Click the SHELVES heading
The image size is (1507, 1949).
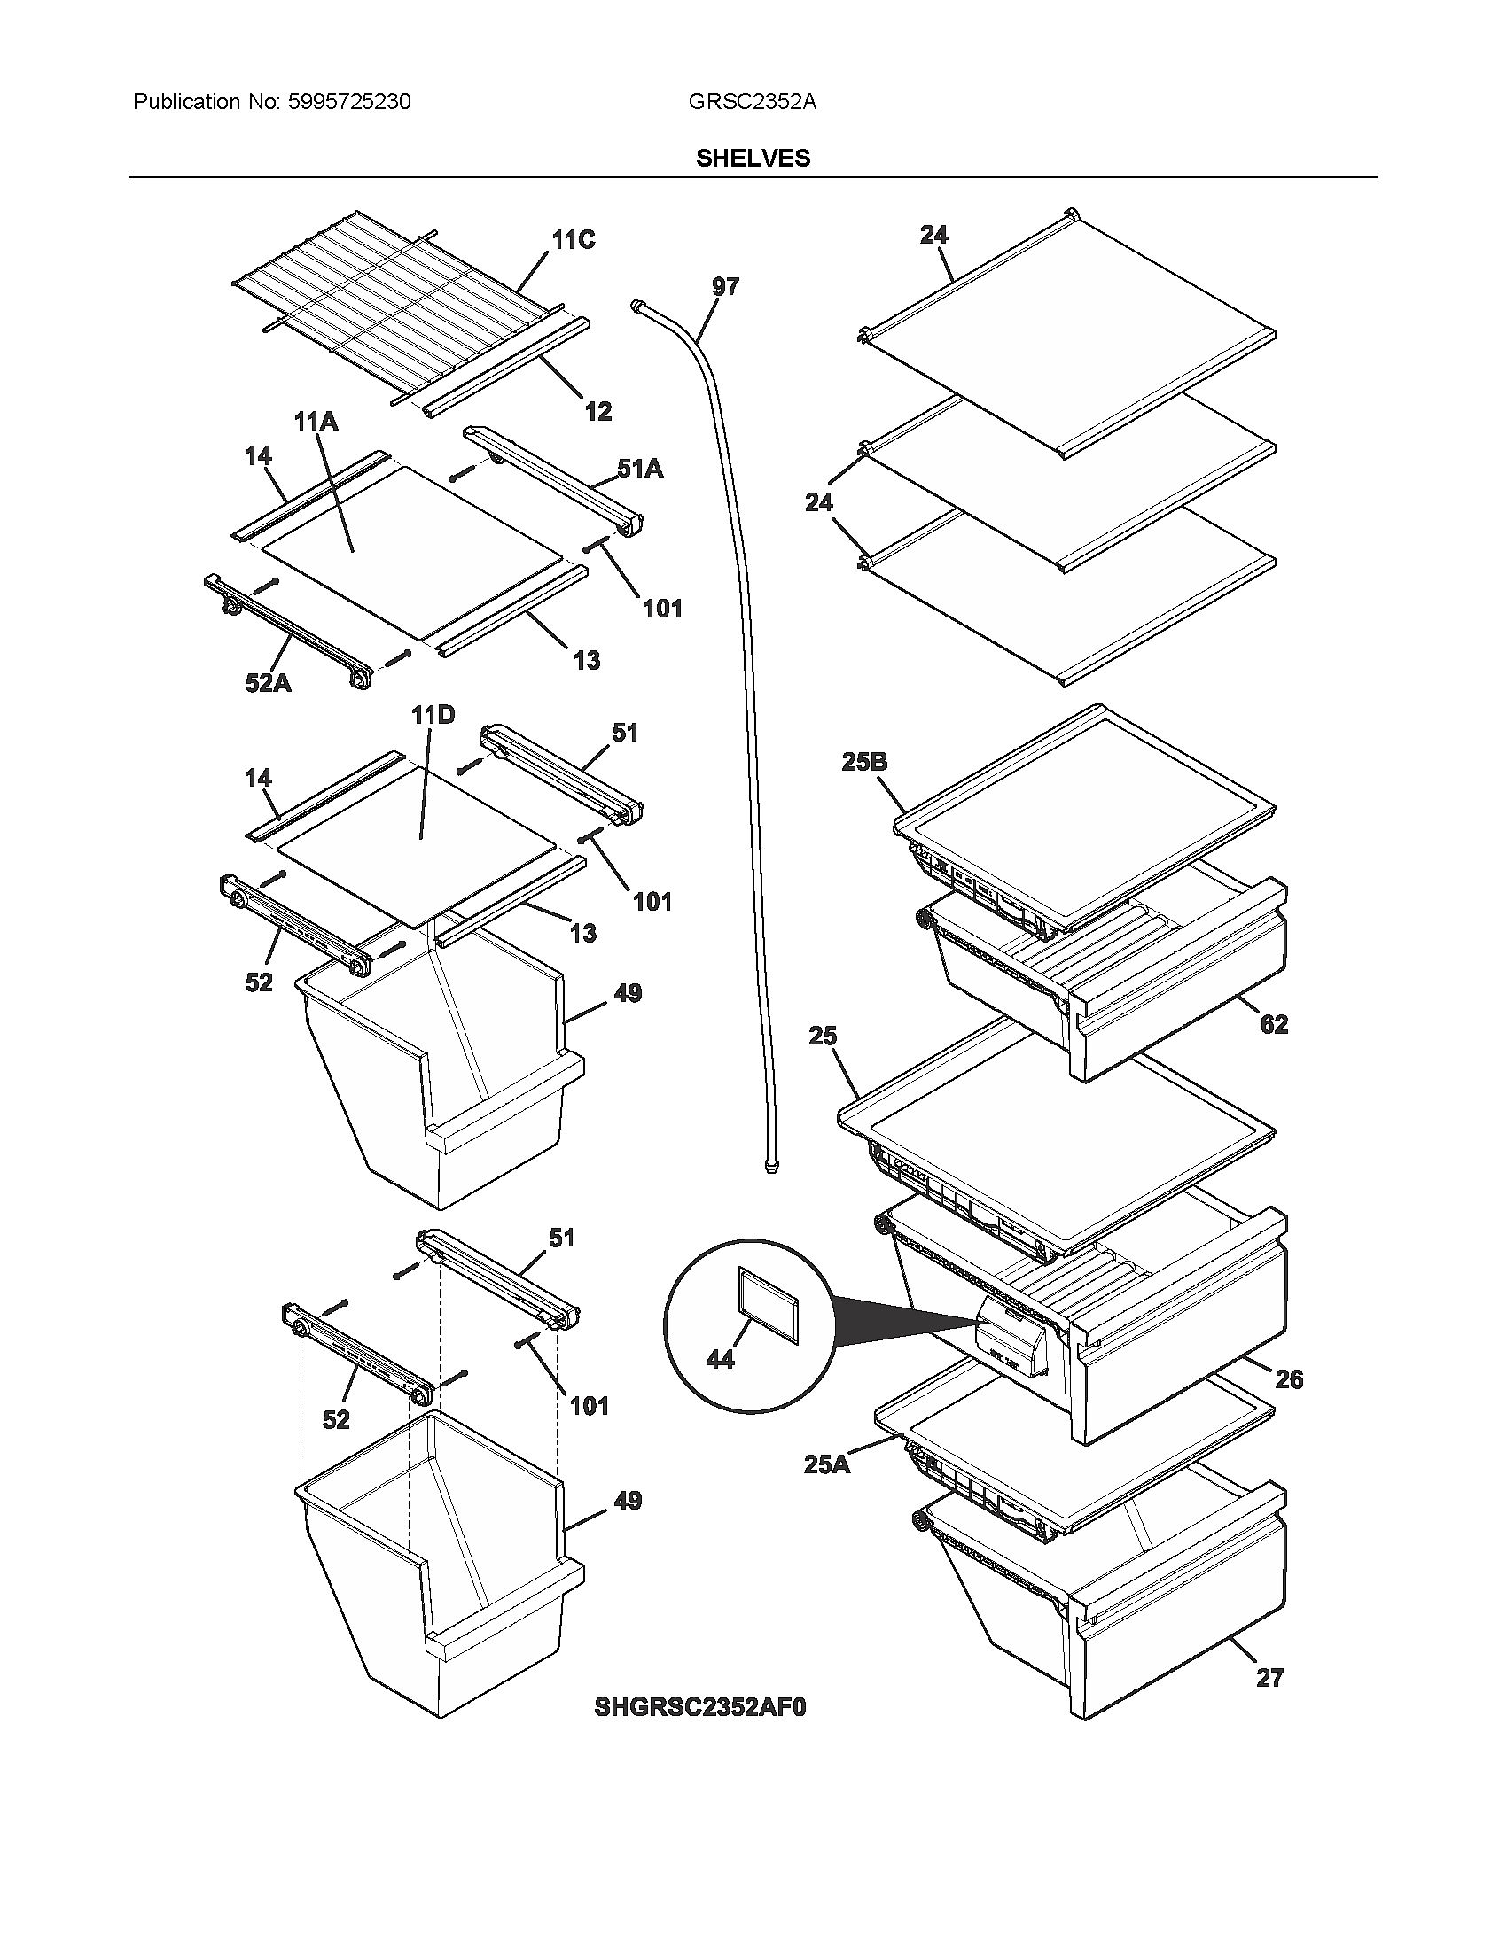[x=753, y=158]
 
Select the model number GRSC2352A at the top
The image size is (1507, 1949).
[x=752, y=102]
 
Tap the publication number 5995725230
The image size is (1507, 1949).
[x=349, y=102]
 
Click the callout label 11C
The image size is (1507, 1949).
[x=573, y=240]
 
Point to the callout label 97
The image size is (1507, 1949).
[x=725, y=286]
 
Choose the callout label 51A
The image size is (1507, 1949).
[x=640, y=469]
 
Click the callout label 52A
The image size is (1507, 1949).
[x=268, y=684]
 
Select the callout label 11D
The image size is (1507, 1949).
[x=433, y=715]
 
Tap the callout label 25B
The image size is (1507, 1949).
[x=864, y=762]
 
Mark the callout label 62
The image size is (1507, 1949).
[x=1274, y=1024]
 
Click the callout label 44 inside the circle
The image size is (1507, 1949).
[x=720, y=1359]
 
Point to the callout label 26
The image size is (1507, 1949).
[x=1288, y=1379]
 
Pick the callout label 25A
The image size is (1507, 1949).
[x=827, y=1464]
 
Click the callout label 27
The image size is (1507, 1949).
[x=1269, y=1679]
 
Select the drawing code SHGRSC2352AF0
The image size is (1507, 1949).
[x=700, y=1708]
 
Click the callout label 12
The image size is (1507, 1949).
[x=598, y=411]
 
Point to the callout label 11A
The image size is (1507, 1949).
[x=316, y=421]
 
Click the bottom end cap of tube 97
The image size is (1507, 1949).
[x=770, y=1165]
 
